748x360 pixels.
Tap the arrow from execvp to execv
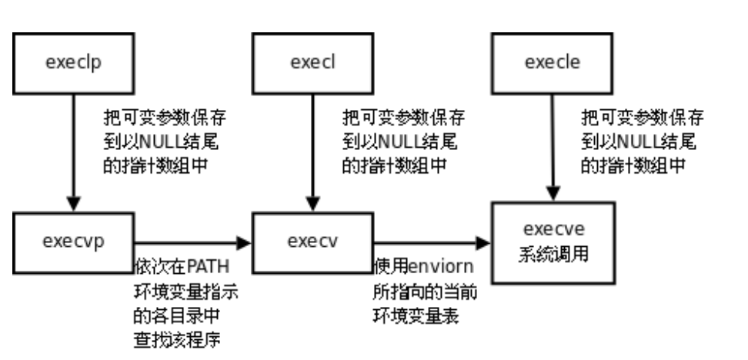pos(192,243)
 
